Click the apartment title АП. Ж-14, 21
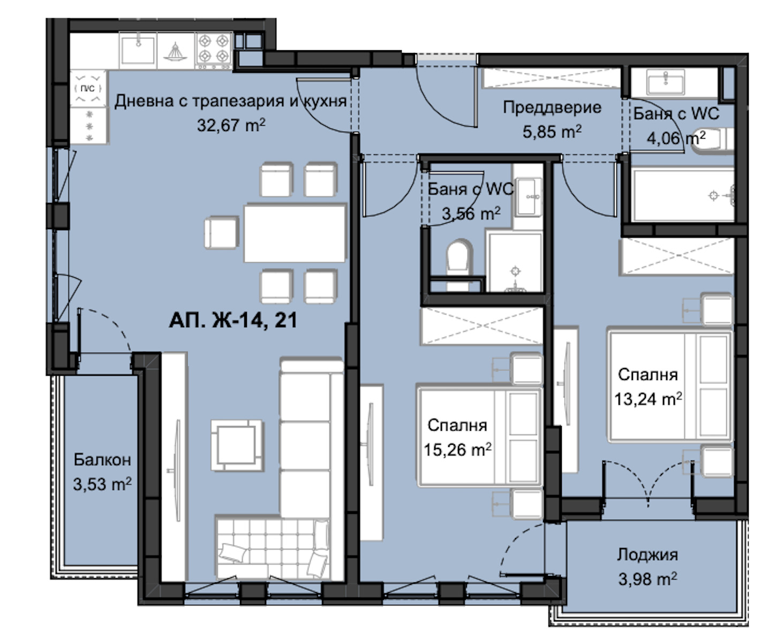point(233,320)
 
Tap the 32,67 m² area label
point(231,125)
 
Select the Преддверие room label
point(552,108)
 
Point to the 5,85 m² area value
point(552,132)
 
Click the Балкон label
point(102,460)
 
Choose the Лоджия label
point(647,555)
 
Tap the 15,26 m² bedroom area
point(457,450)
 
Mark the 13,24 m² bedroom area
point(648,399)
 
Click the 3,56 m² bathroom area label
point(471,213)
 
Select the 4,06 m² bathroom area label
point(676,138)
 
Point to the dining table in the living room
point(295,233)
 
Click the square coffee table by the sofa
point(237,445)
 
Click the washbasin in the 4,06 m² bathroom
point(666,83)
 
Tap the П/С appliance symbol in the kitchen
point(88,88)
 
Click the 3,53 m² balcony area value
point(102,484)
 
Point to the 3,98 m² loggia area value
point(647,580)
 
